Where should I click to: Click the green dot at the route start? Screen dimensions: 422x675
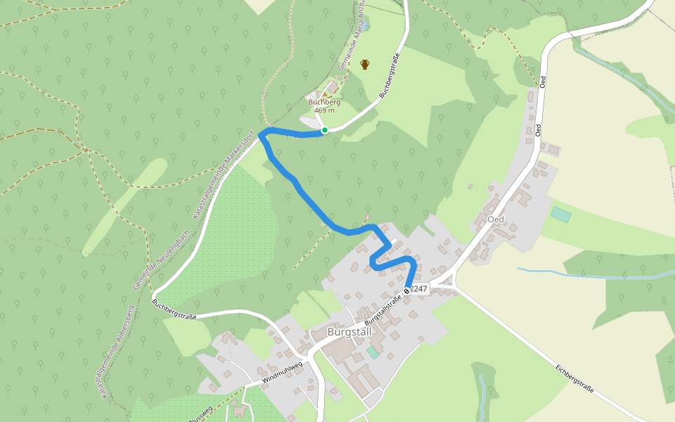click(x=325, y=130)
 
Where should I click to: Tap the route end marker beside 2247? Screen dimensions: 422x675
click(x=407, y=290)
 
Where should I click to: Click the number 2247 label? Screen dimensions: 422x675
click(x=419, y=289)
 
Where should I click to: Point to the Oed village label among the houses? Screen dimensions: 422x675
click(x=496, y=219)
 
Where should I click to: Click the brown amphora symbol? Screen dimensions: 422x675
click(x=365, y=65)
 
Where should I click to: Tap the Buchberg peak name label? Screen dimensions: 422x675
click(x=323, y=102)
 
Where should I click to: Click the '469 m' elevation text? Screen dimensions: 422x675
click(x=323, y=110)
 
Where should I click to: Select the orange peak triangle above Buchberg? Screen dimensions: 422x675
click(x=324, y=94)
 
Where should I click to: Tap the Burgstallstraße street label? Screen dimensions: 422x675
click(x=382, y=308)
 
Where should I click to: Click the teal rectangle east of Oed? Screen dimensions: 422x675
click(x=561, y=215)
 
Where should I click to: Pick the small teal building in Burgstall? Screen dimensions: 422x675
click(x=372, y=352)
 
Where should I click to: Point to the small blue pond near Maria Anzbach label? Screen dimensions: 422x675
click(x=366, y=26)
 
